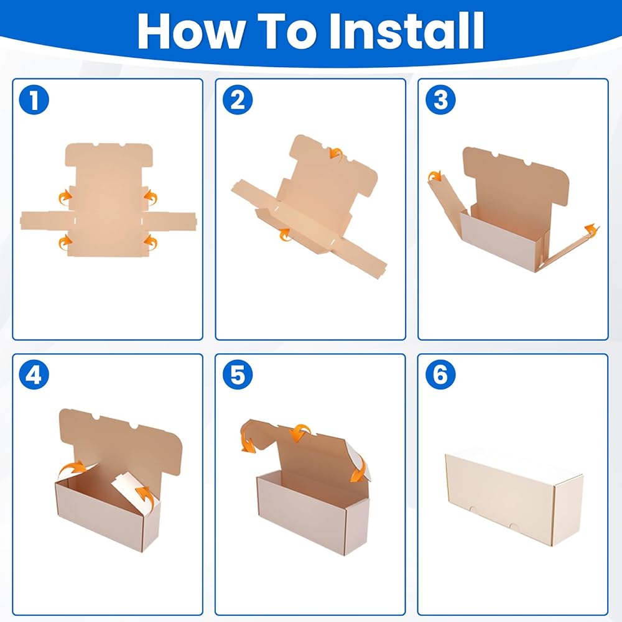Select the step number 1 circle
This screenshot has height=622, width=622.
[x=34, y=100]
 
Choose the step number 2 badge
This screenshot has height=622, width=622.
[x=238, y=100]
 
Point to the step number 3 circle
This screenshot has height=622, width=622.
[x=441, y=100]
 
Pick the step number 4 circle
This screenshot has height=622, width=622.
[x=34, y=374]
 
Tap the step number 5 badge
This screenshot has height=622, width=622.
[x=238, y=374]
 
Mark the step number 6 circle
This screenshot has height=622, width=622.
[x=441, y=374]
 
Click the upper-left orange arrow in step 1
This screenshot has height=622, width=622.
[x=64, y=198]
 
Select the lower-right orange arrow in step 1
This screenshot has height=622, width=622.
[x=151, y=242]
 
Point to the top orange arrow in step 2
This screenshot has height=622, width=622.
[x=337, y=153]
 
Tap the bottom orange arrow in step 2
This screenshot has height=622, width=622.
[x=284, y=235]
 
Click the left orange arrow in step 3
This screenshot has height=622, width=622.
[x=435, y=176]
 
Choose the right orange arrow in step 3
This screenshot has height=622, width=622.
[x=591, y=230]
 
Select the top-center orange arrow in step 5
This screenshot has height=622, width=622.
[x=300, y=432]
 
